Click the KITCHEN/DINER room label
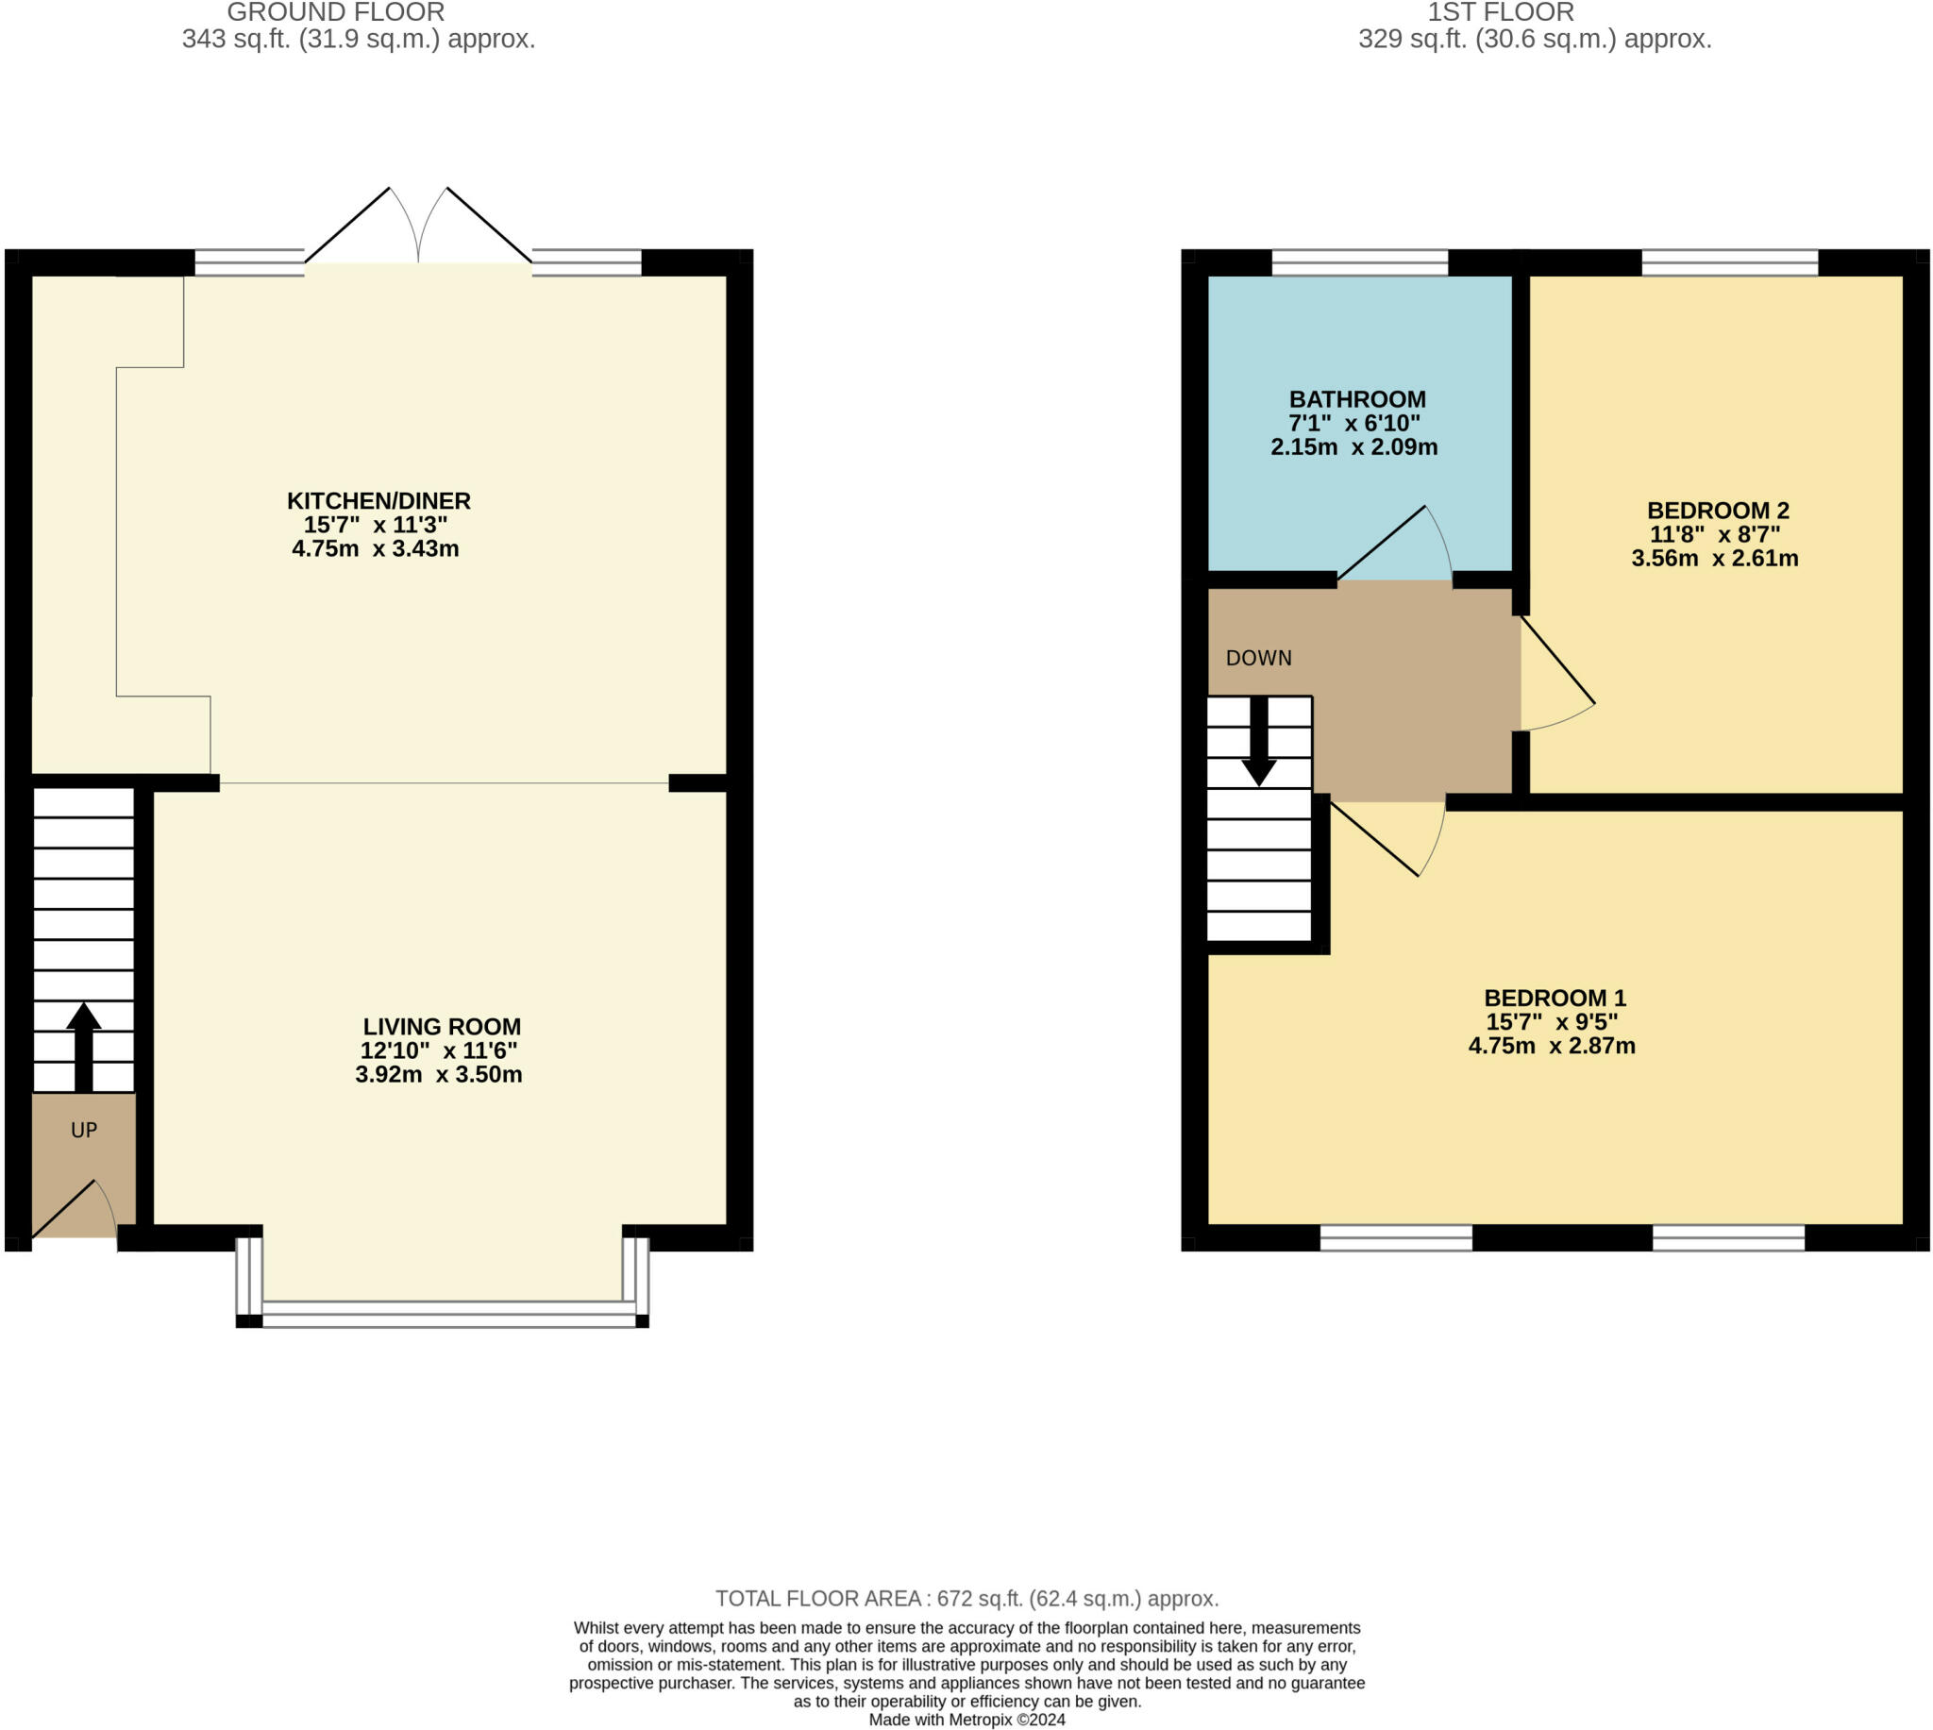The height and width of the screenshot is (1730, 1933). (x=379, y=501)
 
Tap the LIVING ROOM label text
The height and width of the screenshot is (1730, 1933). (x=442, y=1027)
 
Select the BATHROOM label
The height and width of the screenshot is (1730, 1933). (x=1357, y=399)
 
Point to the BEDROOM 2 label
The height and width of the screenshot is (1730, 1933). (x=1718, y=511)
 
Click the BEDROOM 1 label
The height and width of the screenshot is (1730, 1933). (x=1555, y=999)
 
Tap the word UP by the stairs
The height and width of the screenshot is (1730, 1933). (x=84, y=1130)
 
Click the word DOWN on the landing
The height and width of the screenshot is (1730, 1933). (x=1258, y=658)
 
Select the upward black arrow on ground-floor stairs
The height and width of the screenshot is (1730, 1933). (x=84, y=1047)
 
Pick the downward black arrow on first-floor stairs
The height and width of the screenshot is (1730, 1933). (x=1259, y=742)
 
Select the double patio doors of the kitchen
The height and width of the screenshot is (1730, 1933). (x=418, y=226)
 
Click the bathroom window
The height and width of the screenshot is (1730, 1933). (x=1360, y=262)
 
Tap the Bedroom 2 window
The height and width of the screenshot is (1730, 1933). (x=1730, y=262)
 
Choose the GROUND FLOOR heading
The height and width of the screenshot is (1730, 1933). (x=335, y=12)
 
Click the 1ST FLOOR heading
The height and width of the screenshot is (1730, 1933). (x=1501, y=12)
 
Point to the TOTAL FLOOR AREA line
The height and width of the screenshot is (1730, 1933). (x=966, y=1598)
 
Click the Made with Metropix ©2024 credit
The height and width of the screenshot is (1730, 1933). (x=966, y=1720)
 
